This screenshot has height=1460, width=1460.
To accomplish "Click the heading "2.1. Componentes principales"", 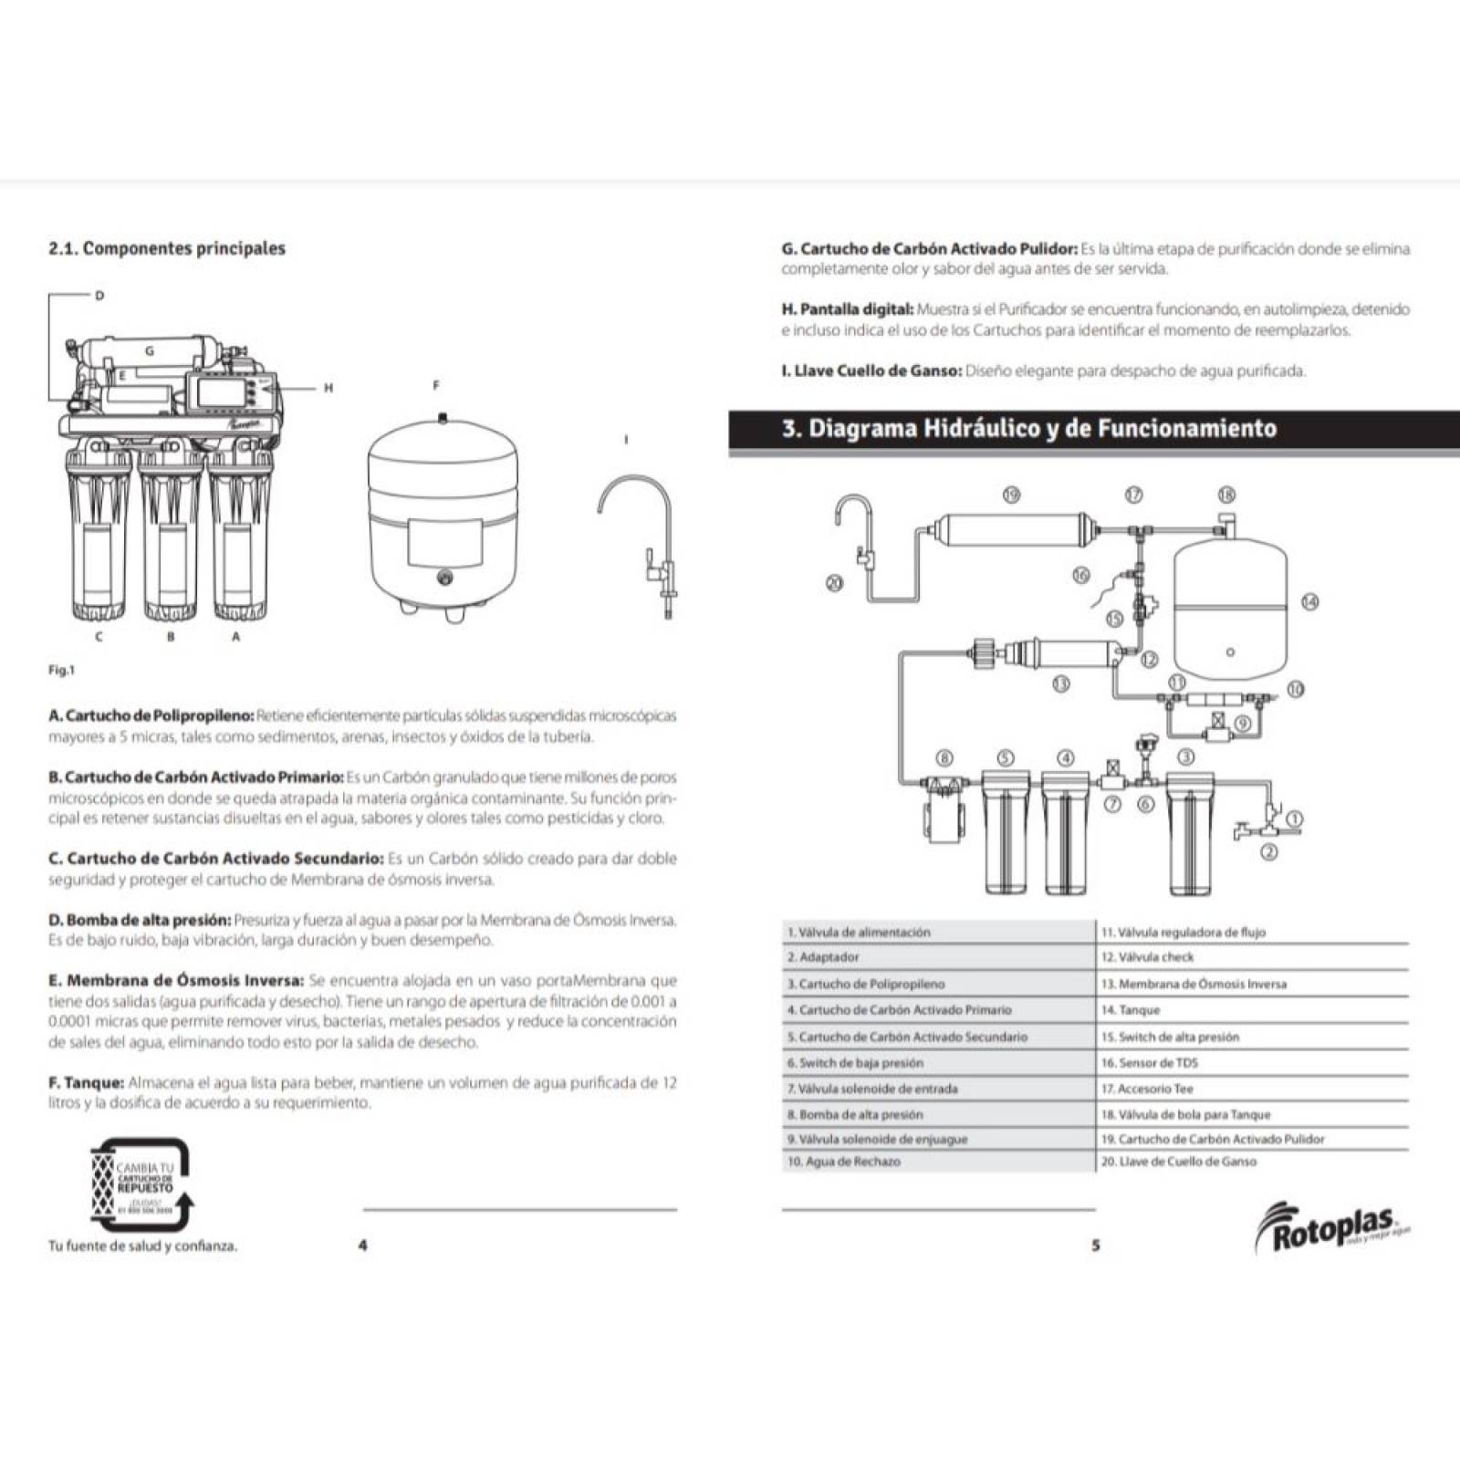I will point(166,248).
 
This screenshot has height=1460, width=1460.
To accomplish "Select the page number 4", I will point(363,1245).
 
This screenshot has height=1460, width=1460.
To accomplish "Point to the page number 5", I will point(1096,1245).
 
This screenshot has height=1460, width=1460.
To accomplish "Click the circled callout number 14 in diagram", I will point(1310,602).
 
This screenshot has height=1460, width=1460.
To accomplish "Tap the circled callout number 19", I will point(1011,495).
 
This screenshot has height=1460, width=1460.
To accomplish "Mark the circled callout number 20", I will point(834,583).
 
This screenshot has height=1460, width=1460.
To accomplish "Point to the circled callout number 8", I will point(945,757).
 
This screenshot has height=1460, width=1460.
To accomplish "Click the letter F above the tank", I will point(436,386).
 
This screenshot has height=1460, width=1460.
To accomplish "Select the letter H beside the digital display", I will point(328,388).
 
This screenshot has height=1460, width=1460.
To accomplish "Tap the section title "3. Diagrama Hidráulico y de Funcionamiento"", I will point(1029,428).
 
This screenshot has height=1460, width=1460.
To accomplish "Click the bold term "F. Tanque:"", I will point(86,1082).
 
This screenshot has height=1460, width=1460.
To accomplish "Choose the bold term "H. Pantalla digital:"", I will point(847,309).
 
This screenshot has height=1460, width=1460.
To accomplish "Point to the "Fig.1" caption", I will point(62,671).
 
